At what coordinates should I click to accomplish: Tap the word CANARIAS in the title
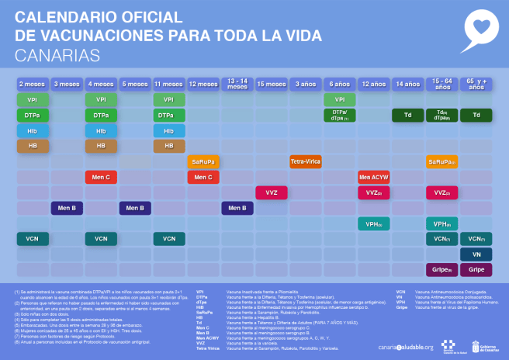57,55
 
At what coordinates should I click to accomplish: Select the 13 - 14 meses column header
237,84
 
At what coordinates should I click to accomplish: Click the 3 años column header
305,84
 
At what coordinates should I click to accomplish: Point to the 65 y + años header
476,84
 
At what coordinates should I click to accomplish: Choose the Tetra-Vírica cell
305,161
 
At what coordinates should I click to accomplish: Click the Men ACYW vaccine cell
373,177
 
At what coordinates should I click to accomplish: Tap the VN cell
476,254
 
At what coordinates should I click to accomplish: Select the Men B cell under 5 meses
135,208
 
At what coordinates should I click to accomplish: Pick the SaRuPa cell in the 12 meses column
203,161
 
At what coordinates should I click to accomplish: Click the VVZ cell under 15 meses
271,192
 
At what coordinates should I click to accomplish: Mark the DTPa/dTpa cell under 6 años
339,115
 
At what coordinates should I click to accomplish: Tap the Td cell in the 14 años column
407,115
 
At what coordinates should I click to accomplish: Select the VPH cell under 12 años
373,223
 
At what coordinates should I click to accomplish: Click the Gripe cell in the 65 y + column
476,270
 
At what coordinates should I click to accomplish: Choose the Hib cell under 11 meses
168,130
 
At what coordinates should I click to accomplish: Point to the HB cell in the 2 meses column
33,146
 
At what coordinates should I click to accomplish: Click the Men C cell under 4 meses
101,177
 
